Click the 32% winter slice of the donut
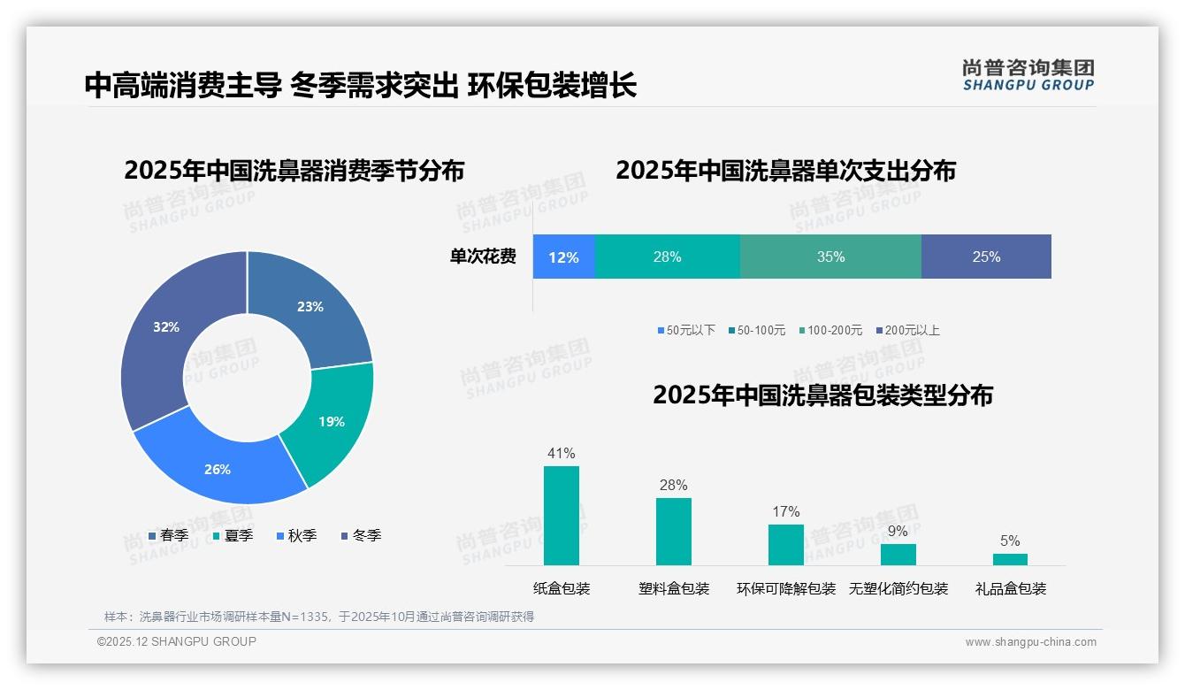click(164, 332)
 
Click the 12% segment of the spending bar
click(563, 257)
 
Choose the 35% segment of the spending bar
click(830, 257)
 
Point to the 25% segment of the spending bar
click(986, 257)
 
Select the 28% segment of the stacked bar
click(667, 257)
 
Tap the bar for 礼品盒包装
click(1010, 559)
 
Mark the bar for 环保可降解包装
click(786, 545)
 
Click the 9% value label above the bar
click(898, 532)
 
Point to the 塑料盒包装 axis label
click(674, 589)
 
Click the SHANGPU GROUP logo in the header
click(1028, 75)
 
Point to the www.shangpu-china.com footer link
click(1030, 642)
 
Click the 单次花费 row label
click(483, 257)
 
